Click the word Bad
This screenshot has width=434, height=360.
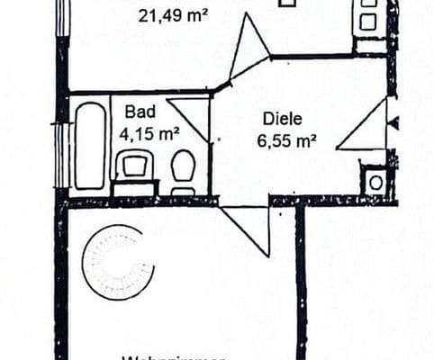(140, 112)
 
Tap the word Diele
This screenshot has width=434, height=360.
(278, 118)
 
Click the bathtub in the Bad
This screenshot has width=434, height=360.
(90, 146)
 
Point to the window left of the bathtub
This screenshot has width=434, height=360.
(61, 155)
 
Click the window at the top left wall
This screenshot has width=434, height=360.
(61, 18)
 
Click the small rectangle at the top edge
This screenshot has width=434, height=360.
(287, 3)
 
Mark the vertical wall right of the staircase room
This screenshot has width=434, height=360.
(301, 279)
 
